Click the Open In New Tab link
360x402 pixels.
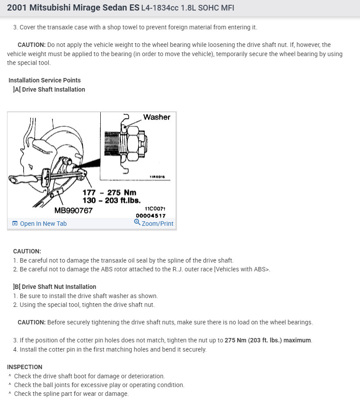(x=43, y=224)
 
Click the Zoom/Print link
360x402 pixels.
(x=157, y=224)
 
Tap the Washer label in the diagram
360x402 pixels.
(x=156, y=117)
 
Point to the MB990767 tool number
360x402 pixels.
(x=74, y=210)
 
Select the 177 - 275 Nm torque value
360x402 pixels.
(x=109, y=192)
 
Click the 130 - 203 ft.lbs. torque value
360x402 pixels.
(x=112, y=200)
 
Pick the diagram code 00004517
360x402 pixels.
(x=151, y=216)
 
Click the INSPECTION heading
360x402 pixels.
(x=25, y=367)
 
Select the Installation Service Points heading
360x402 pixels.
(x=44, y=80)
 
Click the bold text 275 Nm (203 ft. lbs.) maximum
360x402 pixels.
(x=268, y=341)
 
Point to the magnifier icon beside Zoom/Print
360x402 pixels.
(x=137, y=223)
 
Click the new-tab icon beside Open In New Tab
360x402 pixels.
(x=15, y=224)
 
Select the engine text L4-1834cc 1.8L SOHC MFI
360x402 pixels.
(x=187, y=8)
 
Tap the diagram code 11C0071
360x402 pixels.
(x=155, y=209)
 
